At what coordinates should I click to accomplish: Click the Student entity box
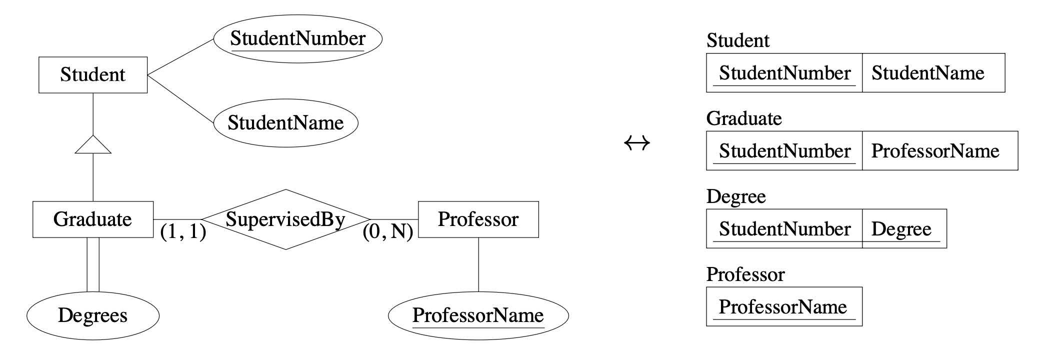pyautogui.click(x=93, y=75)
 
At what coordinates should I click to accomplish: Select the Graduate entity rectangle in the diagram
pyautogui.click(x=93, y=219)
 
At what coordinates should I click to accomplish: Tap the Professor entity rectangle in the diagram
pyautogui.click(x=478, y=219)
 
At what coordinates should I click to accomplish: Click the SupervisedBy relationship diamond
pyautogui.click(x=285, y=219)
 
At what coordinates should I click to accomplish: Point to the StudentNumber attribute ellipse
pyautogui.click(x=297, y=38)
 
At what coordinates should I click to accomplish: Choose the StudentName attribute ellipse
pyautogui.click(x=285, y=123)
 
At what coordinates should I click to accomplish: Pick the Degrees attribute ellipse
pyautogui.click(x=93, y=315)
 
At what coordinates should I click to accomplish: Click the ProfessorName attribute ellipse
pyautogui.click(x=478, y=315)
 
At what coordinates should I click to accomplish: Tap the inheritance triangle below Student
pyautogui.click(x=93, y=144)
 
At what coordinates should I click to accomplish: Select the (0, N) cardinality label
pyautogui.click(x=388, y=231)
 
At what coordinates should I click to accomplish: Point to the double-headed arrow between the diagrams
pyautogui.click(x=637, y=143)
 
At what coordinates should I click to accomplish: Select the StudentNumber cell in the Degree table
pyautogui.click(x=784, y=229)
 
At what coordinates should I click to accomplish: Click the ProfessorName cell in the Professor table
pyautogui.click(x=784, y=307)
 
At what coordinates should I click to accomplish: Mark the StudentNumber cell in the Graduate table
pyautogui.click(x=784, y=151)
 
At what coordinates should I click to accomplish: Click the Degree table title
pyautogui.click(x=736, y=196)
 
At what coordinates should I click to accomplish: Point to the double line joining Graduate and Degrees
pyautogui.click(x=93, y=264)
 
